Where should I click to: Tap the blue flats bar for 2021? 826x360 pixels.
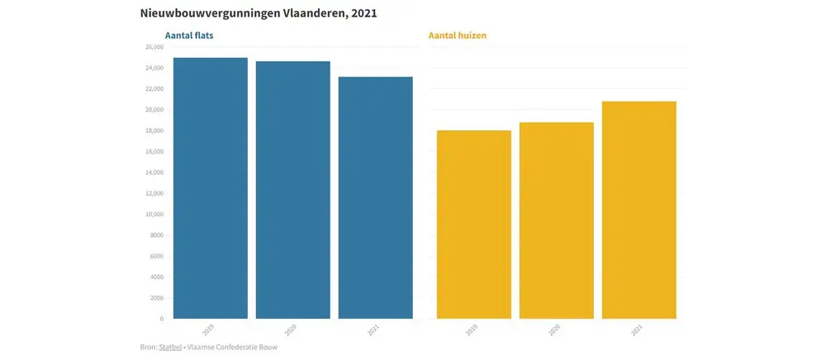click(376, 198)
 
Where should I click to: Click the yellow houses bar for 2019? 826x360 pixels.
click(474, 225)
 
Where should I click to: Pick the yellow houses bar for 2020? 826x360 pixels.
click(557, 220)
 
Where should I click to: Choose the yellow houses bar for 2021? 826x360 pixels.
click(639, 210)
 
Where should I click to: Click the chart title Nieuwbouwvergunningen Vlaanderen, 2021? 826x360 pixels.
click(253, 14)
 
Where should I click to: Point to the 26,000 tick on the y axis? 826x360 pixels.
click(154, 47)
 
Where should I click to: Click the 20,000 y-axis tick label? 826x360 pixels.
click(154, 110)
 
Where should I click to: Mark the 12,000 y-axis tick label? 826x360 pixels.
click(154, 193)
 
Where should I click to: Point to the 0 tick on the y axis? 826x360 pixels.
click(161, 319)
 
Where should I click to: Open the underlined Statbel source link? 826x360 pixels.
click(169, 348)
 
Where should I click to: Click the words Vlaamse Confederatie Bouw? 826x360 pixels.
click(235, 348)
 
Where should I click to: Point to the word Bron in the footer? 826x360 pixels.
click(148, 348)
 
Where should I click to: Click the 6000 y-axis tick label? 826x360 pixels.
click(156, 256)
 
